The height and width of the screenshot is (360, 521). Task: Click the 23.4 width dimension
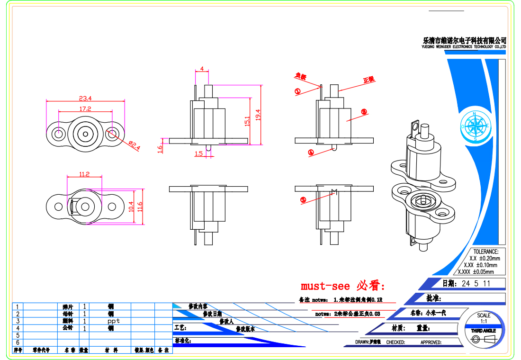coord(85,99)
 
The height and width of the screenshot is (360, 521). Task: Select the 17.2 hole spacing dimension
coord(85,109)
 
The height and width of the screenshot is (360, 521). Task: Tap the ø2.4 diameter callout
coord(135,146)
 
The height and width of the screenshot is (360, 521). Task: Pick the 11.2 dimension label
coord(84,174)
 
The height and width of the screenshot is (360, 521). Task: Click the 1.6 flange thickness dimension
coord(160,148)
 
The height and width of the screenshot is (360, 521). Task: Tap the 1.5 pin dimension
coord(198,153)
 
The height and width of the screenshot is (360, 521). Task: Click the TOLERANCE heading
coord(485,252)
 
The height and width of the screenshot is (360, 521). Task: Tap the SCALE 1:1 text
coord(484,318)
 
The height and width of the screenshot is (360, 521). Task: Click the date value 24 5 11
coord(476,284)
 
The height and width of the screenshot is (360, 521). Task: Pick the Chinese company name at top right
coord(464,41)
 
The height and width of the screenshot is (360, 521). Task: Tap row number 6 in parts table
coord(18,342)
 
